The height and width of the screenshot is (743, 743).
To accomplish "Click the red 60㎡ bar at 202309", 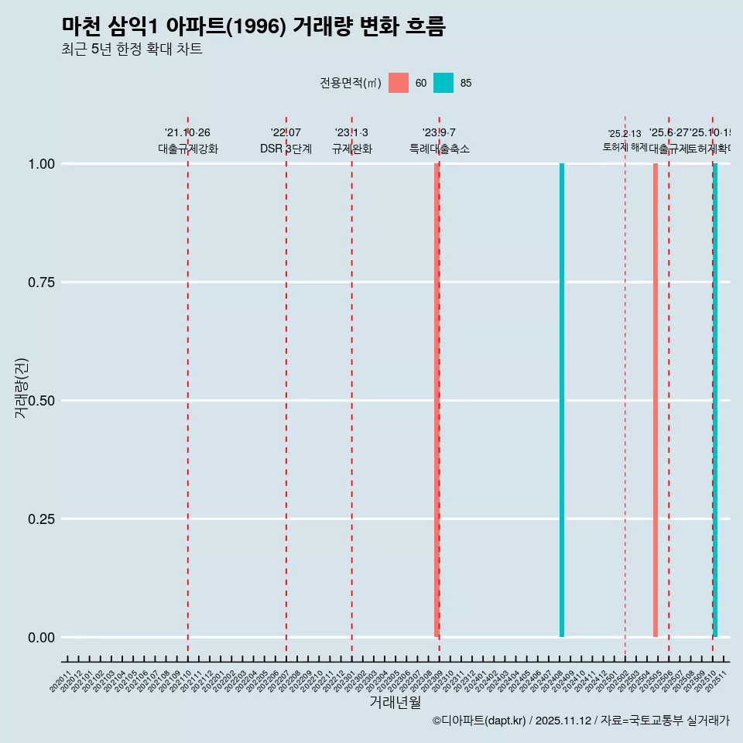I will pyautogui.click(x=437, y=400).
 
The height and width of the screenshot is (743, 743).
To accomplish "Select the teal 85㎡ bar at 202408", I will pyautogui.click(x=562, y=400).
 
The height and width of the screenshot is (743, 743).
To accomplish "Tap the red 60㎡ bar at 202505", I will pyautogui.click(x=656, y=400).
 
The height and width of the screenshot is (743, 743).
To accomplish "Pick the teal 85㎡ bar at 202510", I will pyautogui.click(x=715, y=400).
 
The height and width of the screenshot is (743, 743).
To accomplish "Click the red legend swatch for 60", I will pyautogui.click(x=399, y=83).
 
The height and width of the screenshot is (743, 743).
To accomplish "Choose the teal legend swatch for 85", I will pyautogui.click(x=443, y=83).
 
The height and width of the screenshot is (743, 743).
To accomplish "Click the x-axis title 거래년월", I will pyautogui.click(x=395, y=702).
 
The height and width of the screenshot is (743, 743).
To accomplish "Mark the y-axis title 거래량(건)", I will pyautogui.click(x=22, y=389).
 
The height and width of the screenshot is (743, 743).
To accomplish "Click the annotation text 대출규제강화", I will pyautogui.click(x=188, y=149).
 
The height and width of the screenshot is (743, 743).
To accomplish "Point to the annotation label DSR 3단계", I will pyautogui.click(x=286, y=149).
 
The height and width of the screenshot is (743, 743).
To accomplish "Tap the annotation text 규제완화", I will pyautogui.click(x=352, y=149).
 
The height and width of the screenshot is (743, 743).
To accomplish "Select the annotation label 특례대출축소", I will pyautogui.click(x=440, y=149).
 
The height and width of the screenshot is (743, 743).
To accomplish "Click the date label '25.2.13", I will pyautogui.click(x=625, y=134).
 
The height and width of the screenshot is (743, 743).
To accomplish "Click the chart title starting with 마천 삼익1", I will pyautogui.click(x=253, y=26).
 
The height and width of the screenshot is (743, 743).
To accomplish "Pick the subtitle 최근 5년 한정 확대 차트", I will pyautogui.click(x=132, y=50).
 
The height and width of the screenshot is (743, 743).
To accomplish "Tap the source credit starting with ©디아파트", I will pyautogui.click(x=580, y=721).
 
